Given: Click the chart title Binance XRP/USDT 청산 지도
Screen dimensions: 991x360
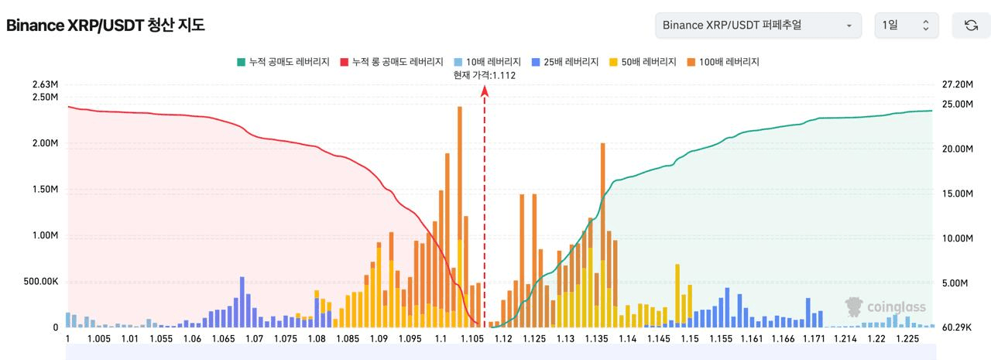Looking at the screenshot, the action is coord(105,26).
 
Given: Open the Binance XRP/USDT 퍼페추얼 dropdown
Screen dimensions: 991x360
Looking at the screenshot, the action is coord(758,26).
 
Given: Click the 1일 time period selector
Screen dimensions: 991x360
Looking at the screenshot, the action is coord(907,26).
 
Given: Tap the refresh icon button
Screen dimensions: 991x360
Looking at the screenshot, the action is coord(971,26).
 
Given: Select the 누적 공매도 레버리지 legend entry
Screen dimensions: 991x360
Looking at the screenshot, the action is coord(283,62).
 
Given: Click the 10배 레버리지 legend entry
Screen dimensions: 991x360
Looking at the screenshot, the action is coord(488,62).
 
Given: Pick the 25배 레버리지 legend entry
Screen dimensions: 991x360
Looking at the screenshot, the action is coord(565,62).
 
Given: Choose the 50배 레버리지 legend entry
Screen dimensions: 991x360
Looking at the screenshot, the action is coord(643,62).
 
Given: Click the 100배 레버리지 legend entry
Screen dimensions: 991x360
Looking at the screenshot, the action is coord(723,62).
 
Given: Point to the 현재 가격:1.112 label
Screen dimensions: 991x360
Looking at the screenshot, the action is coord(485,75).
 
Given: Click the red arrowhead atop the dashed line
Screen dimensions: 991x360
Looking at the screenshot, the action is coord(485,91).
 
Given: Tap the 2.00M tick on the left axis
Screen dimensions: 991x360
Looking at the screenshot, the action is coord(45,143).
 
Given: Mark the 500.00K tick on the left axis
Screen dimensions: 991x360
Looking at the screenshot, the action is coord(41,282).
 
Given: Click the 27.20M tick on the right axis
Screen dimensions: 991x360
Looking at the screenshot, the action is coord(958,84).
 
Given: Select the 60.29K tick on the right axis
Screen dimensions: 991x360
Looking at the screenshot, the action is coord(956,327).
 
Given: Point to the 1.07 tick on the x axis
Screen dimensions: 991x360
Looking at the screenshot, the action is coord(255,339).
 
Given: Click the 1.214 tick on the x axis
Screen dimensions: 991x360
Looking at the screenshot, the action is coord(845,339).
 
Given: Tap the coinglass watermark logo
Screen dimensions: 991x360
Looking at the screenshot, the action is coord(885,307).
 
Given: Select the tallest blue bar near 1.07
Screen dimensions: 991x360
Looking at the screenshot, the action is coord(242,302).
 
